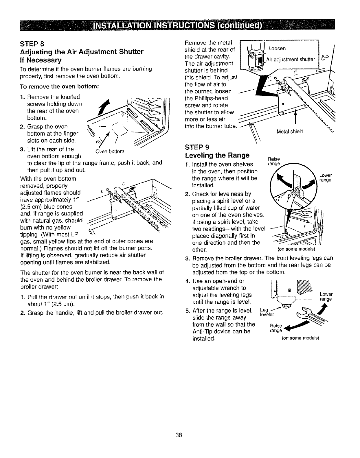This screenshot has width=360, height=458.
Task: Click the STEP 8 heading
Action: click(x=32, y=45)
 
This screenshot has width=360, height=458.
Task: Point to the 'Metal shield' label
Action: click(x=290, y=131)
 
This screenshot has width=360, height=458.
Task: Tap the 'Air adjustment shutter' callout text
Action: click(x=290, y=60)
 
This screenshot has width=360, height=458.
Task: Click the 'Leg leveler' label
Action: click(x=265, y=312)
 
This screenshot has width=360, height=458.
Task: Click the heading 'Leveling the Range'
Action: click(x=217, y=155)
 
